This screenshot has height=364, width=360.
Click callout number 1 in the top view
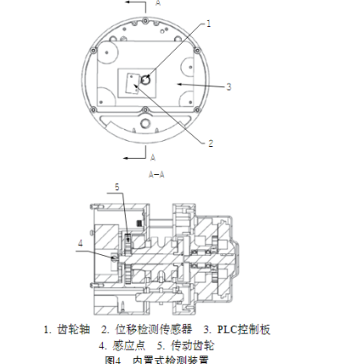(x=208, y=23)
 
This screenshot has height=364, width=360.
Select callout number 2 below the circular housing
(x=210, y=143)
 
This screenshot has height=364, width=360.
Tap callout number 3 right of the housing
(x=229, y=86)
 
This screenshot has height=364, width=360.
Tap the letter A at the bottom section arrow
(x=152, y=158)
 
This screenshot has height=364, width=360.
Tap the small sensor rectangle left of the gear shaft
(x=131, y=85)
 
